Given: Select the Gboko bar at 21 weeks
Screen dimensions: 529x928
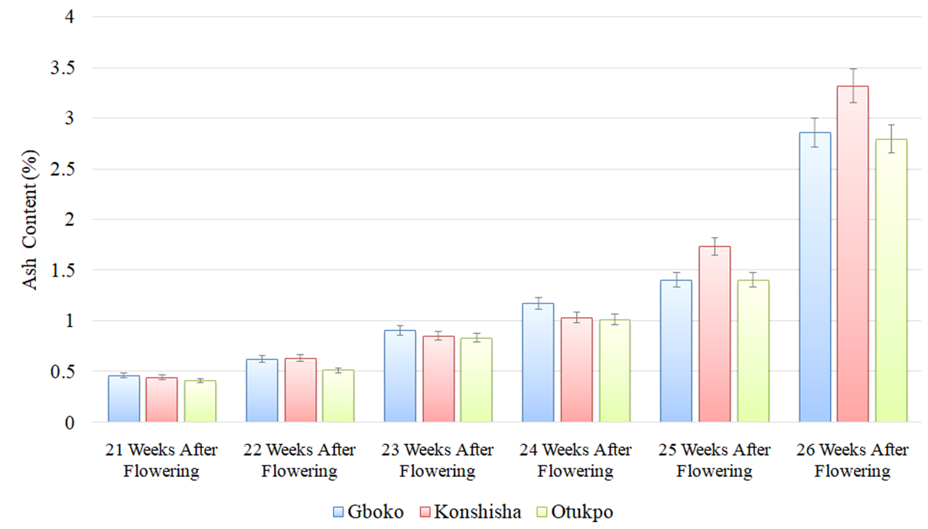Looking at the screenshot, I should point(124,398).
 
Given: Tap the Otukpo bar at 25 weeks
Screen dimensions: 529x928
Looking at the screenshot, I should point(753,351).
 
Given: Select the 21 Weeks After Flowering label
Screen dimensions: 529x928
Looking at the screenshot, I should point(161,460).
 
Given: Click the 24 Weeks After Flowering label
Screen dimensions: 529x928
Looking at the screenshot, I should point(575,460).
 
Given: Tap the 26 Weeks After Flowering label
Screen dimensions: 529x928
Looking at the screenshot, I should point(852,460).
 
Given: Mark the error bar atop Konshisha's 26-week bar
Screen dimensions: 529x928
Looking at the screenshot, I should point(852,86).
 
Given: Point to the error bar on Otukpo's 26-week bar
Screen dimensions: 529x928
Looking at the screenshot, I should point(891,138).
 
